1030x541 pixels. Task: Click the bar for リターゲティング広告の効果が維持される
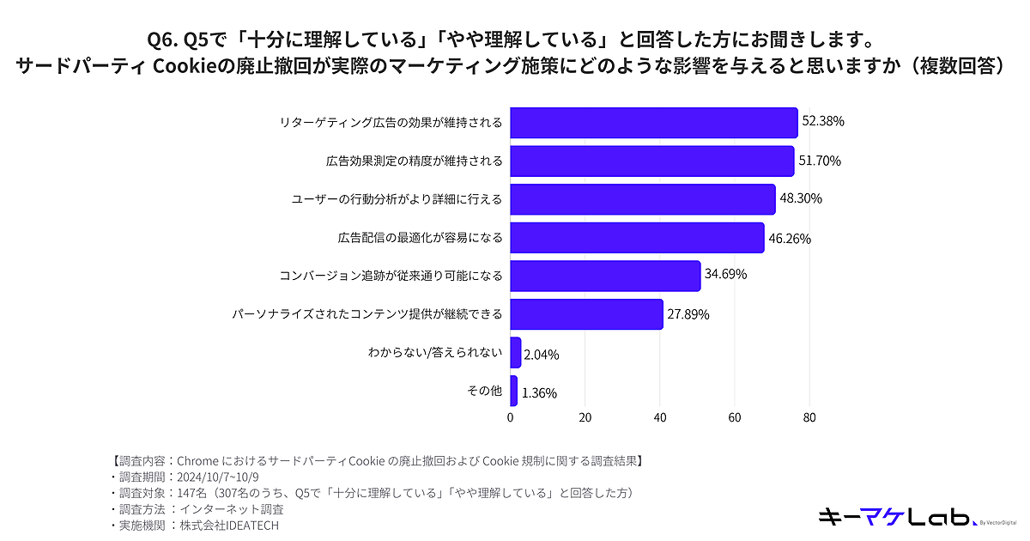point(654,122)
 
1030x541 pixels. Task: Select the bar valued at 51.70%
point(652,161)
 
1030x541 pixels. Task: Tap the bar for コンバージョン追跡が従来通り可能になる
point(605,276)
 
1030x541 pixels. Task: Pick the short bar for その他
point(514,392)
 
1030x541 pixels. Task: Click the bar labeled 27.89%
point(586,314)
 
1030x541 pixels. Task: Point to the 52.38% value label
point(823,122)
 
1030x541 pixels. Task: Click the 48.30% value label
point(801,198)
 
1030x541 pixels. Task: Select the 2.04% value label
point(541,354)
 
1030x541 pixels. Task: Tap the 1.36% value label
point(539,393)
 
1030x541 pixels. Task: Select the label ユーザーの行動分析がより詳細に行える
point(397,198)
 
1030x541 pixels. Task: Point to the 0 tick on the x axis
point(511,418)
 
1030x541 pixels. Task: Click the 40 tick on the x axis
point(660,418)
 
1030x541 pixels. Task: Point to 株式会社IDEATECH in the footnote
point(230,526)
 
